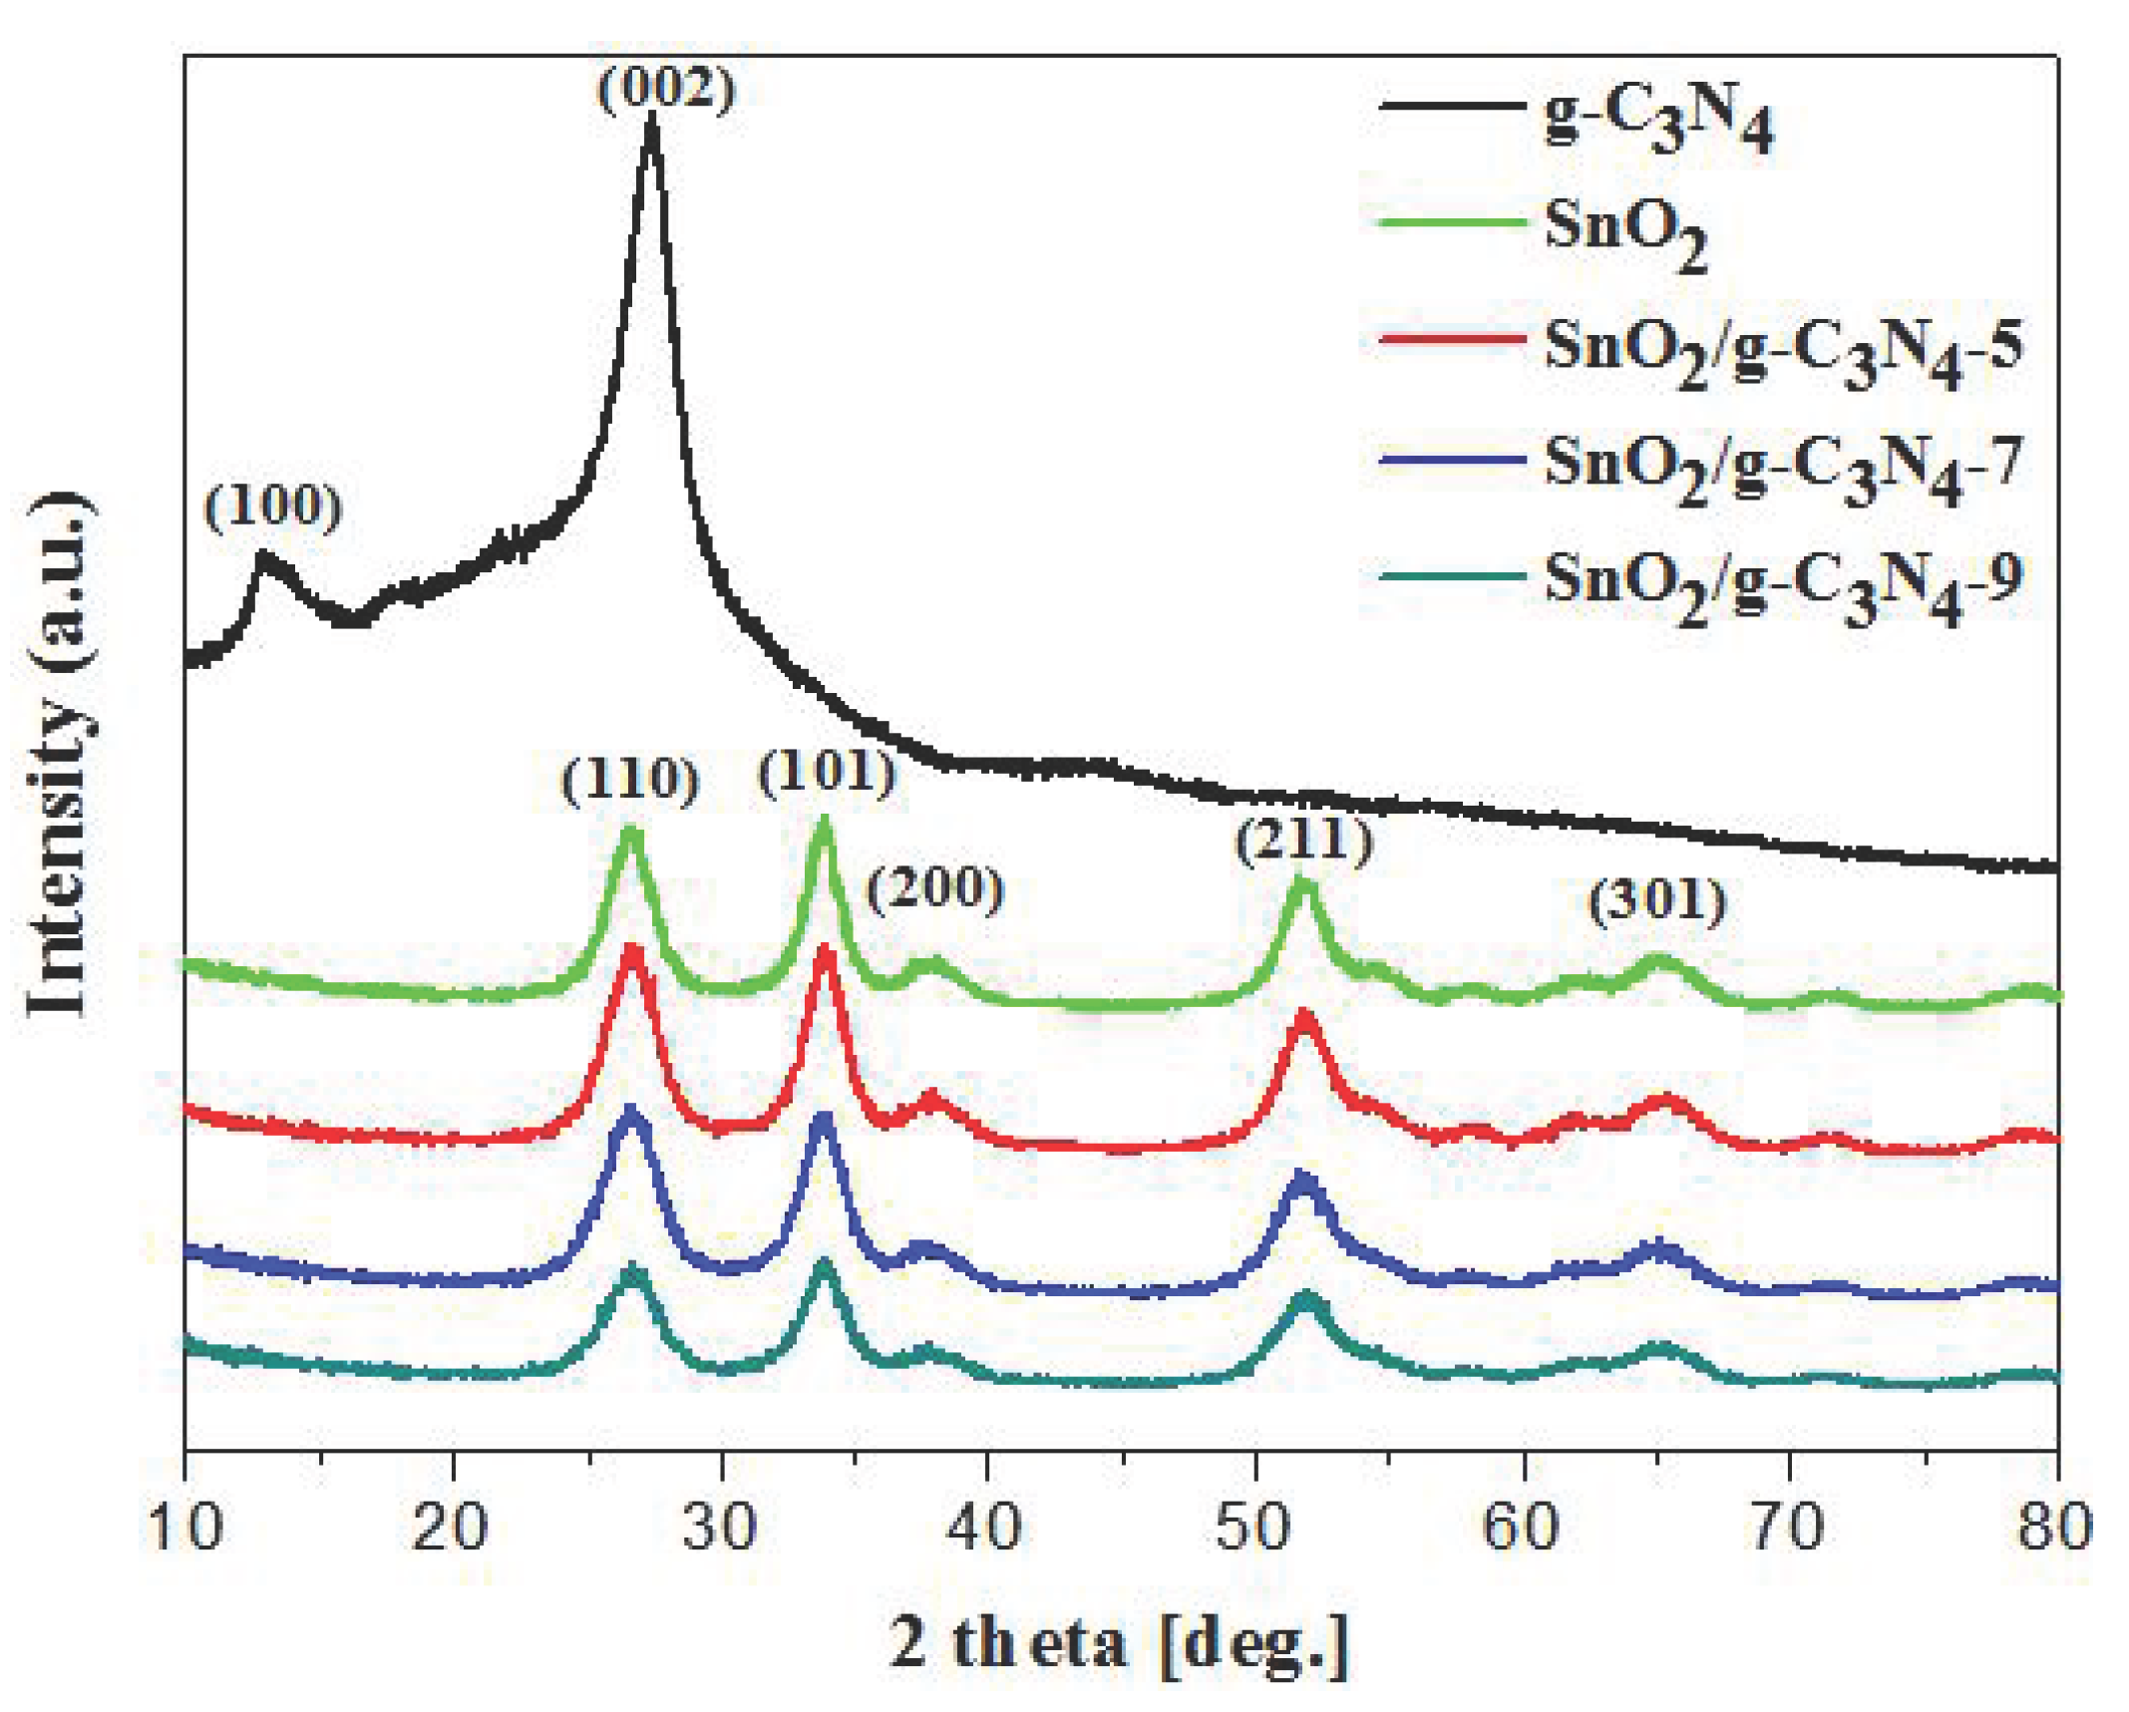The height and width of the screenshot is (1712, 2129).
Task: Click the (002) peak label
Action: (666, 90)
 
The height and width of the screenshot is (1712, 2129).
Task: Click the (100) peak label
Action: (273, 507)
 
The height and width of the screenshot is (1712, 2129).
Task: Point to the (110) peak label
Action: (630, 781)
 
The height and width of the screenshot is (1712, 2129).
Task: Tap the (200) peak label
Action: (934, 888)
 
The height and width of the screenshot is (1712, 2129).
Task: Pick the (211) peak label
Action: (1303, 841)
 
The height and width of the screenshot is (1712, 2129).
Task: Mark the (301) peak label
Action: (1656, 902)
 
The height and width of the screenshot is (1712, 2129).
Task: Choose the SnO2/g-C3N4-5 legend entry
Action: (1783, 350)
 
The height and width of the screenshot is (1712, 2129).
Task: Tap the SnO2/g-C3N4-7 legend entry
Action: (1783, 467)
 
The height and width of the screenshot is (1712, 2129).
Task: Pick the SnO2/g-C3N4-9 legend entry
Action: (1783, 584)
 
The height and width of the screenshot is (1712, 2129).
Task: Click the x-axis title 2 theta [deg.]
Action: (1119, 1642)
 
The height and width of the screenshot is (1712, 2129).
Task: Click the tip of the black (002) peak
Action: (652, 120)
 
